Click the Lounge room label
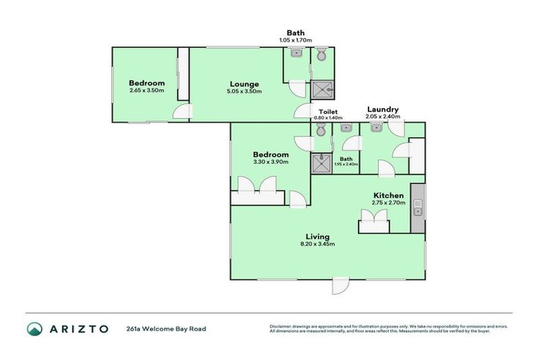[x=244, y=84]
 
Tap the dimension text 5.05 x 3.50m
[x=244, y=91]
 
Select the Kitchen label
[x=387, y=195]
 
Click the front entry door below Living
[x=340, y=285]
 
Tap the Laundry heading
[x=383, y=110]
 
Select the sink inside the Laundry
[x=375, y=128]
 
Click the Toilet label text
[x=328, y=112]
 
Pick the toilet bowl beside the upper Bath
[x=321, y=55]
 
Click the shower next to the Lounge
[x=323, y=88]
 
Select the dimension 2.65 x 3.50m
[x=146, y=90]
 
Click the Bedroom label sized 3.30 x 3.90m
[x=271, y=155]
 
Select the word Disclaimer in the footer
[x=281, y=326]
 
